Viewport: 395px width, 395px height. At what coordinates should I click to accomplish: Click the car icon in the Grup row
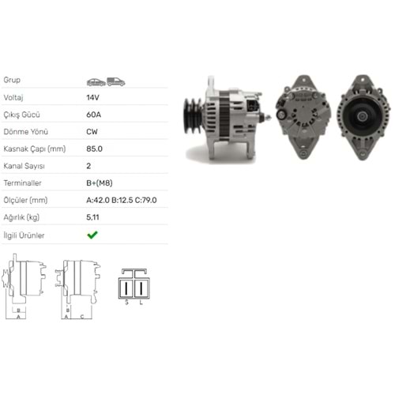coord(96,81)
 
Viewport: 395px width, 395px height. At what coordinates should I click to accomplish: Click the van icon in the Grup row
coord(115,81)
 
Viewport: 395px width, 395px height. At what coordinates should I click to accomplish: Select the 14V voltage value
coord(92,97)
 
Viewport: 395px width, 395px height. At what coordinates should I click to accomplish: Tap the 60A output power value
coord(92,115)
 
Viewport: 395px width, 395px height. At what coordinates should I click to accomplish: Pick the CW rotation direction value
coord(92,132)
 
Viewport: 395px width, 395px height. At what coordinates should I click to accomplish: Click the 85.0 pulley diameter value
coord(94,149)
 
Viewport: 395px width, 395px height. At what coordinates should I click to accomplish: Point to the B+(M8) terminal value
coord(101,183)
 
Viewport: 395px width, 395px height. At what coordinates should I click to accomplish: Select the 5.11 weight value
coord(92,217)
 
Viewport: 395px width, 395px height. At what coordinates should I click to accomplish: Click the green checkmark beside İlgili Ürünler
coord(92,235)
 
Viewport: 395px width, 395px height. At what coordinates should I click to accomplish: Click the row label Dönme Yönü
coord(23,132)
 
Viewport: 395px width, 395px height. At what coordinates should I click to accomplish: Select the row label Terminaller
coord(23,183)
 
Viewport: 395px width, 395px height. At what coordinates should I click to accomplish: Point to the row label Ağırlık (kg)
coord(21,217)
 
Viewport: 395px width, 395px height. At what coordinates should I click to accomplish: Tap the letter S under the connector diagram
coord(126,302)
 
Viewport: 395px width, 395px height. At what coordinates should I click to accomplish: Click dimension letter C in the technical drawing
coord(81,316)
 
